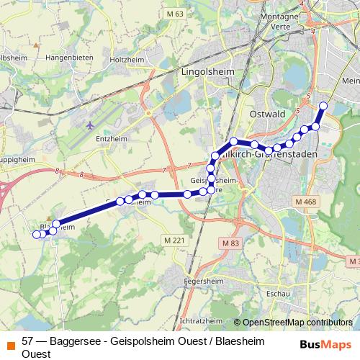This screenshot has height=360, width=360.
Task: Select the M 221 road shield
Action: (174, 240)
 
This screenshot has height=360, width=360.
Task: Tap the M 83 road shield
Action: (230, 243)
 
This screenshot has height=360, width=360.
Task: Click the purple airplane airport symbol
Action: (90, 125)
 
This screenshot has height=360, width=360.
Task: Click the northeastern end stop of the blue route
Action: (323, 106)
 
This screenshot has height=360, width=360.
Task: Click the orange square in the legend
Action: (10, 343)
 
